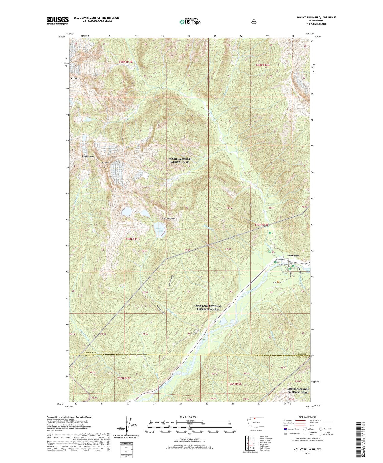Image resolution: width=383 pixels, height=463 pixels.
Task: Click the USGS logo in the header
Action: (58, 20)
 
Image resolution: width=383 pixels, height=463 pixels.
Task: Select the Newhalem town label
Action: (293, 255)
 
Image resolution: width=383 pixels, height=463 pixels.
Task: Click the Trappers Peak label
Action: (168, 218)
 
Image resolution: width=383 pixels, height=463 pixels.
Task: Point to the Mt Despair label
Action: (76, 78)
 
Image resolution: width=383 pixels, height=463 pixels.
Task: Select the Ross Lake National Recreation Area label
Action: (208, 307)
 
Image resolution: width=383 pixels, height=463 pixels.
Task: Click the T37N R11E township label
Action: (132, 239)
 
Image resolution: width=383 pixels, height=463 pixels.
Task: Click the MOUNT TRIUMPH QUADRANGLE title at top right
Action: (316, 17)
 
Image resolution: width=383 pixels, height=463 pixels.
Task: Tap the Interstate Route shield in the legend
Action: (285, 429)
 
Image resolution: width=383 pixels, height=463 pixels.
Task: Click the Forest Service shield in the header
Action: (254, 22)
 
